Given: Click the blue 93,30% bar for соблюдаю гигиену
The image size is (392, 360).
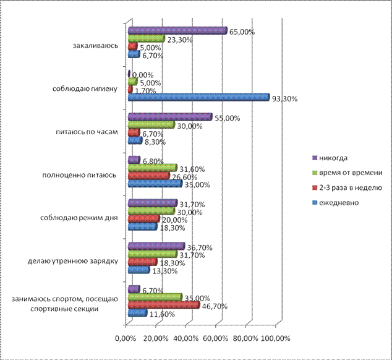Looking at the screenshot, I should pos(198,97).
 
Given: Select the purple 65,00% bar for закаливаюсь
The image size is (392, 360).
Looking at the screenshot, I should pos(176,30).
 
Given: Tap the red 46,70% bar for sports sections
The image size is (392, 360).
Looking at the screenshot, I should pos(163,305).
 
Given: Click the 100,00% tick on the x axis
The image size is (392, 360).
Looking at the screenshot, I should pos(276,338).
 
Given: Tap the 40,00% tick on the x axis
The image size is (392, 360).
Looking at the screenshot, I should pos(186,338).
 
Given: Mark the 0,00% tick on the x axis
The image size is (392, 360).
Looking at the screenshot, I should pos(126,338).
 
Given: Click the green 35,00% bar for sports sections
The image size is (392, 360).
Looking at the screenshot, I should pos(155,297).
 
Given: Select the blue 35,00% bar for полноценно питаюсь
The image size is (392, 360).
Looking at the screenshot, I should pos(154,183).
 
